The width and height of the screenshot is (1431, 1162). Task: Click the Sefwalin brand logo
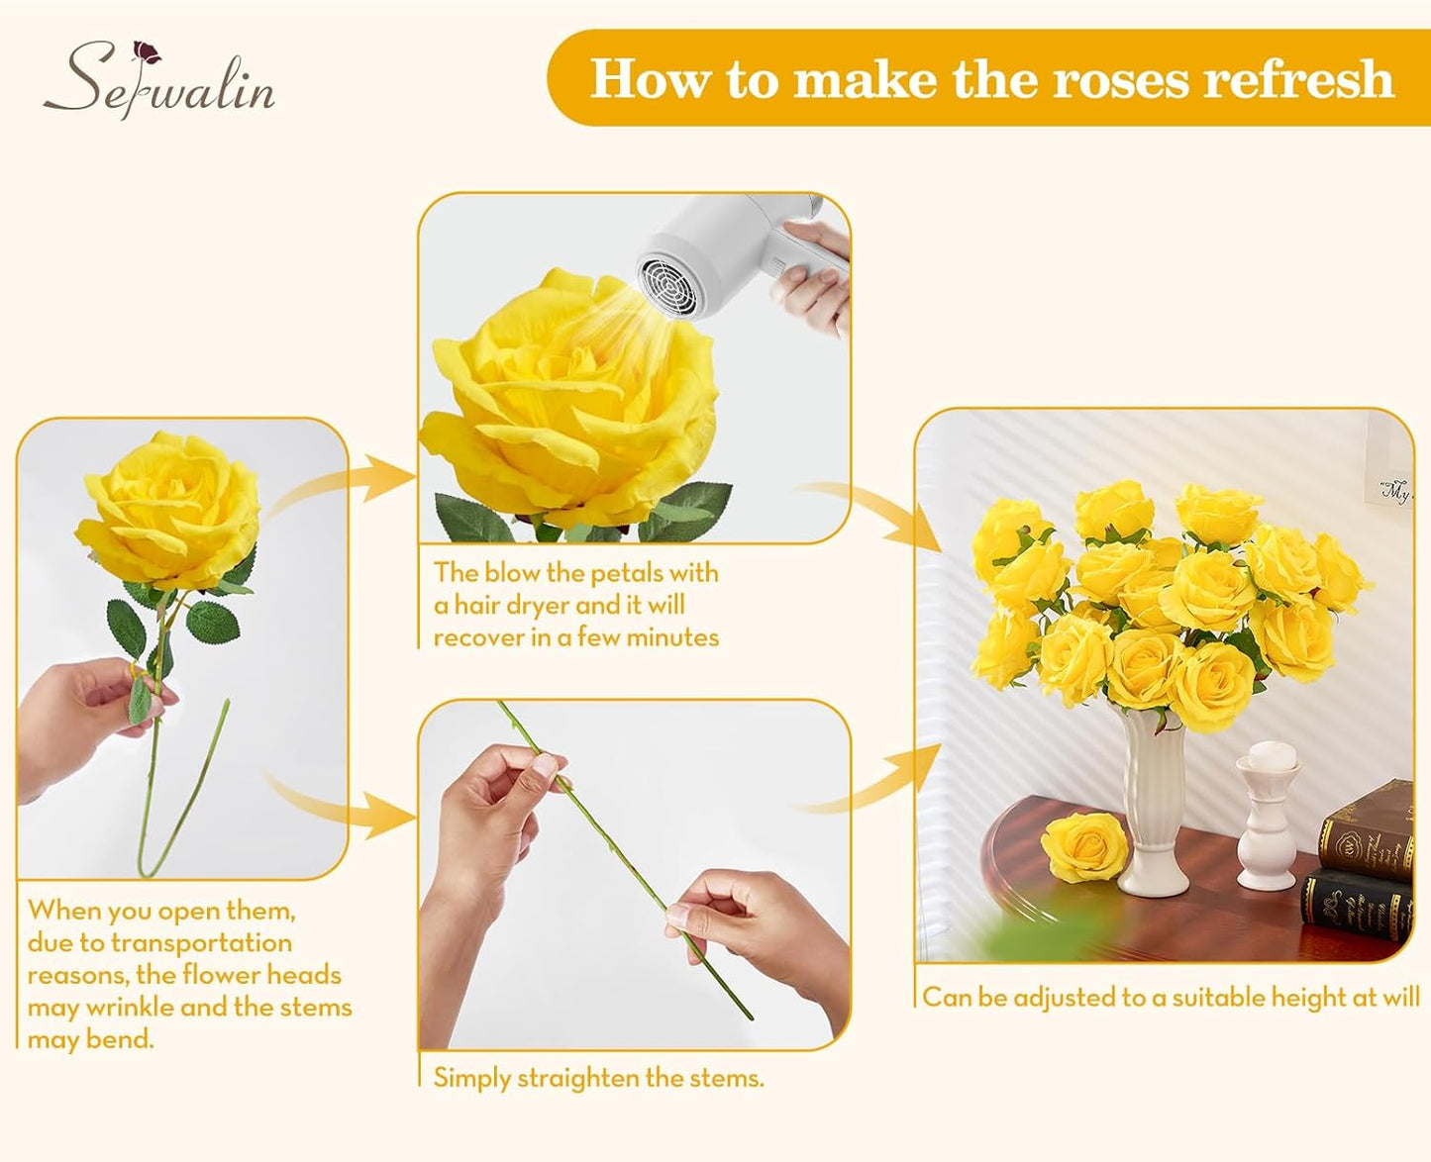tap(158, 80)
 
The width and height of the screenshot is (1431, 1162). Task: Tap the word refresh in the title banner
tap(1297, 79)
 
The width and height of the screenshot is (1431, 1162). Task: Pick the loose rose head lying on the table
tap(1084, 847)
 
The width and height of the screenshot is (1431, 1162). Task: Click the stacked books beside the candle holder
tap(1359, 861)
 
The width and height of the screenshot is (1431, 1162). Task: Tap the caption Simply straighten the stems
tap(598, 1078)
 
